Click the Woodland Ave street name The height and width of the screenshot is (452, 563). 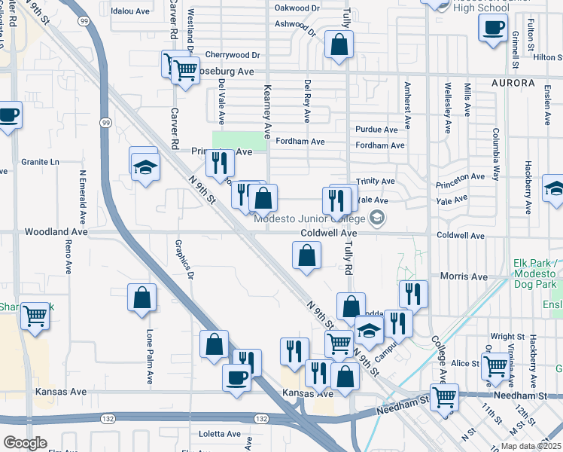pos(56,233)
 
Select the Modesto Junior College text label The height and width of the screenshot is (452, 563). pos(309,219)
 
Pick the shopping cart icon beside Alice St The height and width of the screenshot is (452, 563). pos(495,367)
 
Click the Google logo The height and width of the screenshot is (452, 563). pos(25,443)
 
